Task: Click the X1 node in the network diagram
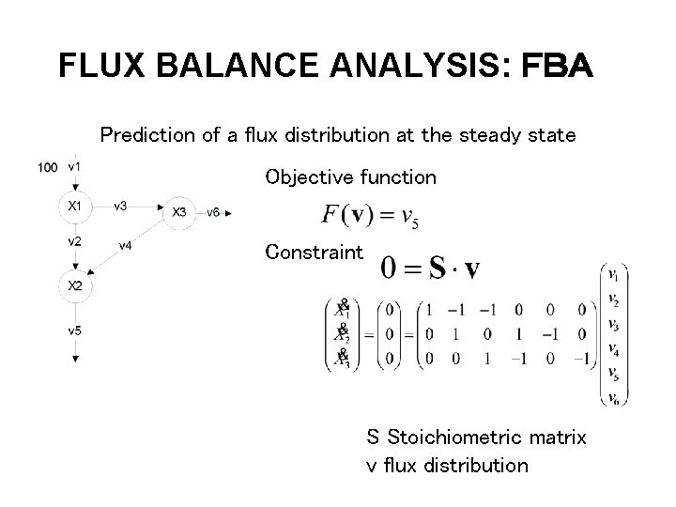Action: click(x=74, y=206)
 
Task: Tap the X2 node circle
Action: click(x=74, y=284)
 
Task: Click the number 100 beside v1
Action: click(x=48, y=167)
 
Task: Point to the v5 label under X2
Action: click(x=74, y=330)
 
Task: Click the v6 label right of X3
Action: click(x=213, y=212)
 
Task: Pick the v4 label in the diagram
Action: click(x=125, y=247)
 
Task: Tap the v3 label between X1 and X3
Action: click(x=120, y=206)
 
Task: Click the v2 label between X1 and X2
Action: click(x=74, y=241)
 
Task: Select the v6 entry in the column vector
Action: click(x=612, y=397)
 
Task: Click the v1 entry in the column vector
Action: click(x=612, y=275)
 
